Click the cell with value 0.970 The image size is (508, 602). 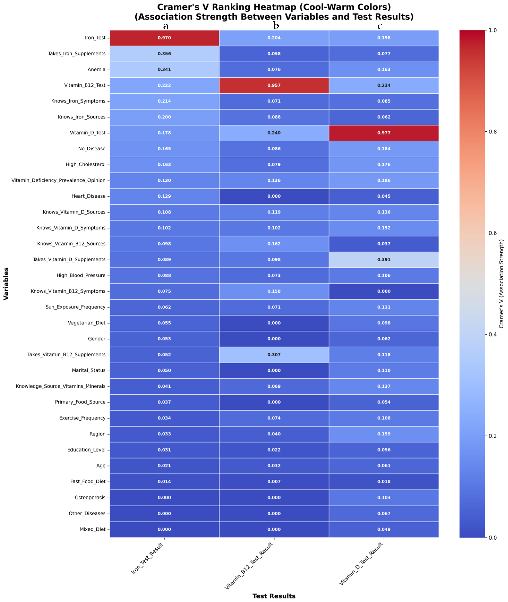click(x=164, y=38)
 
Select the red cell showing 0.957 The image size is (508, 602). click(x=274, y=85)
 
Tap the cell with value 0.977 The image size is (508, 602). click(x=384, y=133)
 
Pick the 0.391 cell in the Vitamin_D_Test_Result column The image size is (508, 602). click(x=384, y=259)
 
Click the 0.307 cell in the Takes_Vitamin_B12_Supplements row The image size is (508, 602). click(x=274, y=354)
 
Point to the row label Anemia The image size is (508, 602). click(x=96, y=69)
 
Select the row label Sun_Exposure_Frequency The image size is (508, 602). click(x=75, y=307)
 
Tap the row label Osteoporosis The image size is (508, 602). click(x=90, y=497)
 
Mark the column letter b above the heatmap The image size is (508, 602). click(x=276, y=26)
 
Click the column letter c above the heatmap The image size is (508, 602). click(x=380, y=26)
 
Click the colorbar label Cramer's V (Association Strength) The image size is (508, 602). click(x=501, y=284)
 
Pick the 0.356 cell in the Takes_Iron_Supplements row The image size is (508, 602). click(x=164, y=54)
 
